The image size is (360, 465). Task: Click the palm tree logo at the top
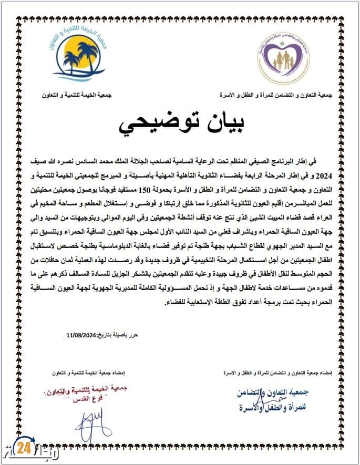pyautogui.click(x=79, y=56)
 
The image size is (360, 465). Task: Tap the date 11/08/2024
pyautogui.click(x=84, y=335)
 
